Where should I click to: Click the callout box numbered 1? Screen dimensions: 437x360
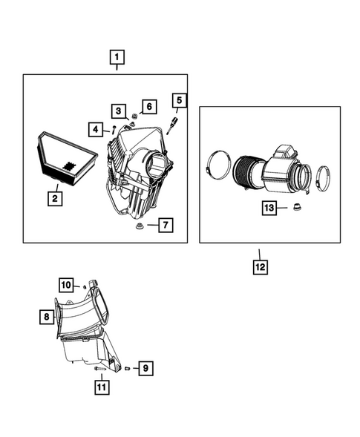coord(117,56)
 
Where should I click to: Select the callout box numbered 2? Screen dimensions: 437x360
coord(54,198)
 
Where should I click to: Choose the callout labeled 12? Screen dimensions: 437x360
coord(261,264)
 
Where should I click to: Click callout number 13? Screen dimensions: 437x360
coord(270,209)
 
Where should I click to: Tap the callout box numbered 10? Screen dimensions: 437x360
coord(65,283)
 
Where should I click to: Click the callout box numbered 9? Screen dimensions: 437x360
coord(145,367)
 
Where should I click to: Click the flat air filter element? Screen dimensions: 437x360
coord(68,158)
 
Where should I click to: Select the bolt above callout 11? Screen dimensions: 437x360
coord(100,369)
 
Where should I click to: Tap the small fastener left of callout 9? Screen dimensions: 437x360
coord(127,367)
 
